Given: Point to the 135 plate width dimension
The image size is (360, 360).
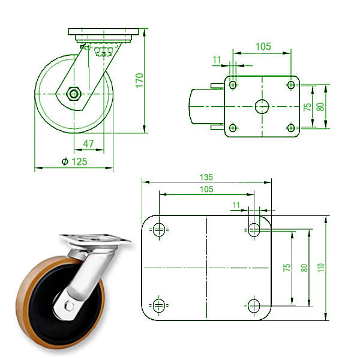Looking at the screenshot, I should pyautogui.click(x=206, y=177).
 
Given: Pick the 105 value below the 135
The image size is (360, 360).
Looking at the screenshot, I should pyautogui.click(x=206, y=188).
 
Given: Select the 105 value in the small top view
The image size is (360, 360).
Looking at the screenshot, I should pyautogui.click(x=263, y=46).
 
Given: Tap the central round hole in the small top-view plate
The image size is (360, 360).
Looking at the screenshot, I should pyautogui.click(x=262, y=106).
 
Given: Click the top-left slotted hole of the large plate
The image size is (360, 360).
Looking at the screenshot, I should pyautogui.click(x=158, y=229).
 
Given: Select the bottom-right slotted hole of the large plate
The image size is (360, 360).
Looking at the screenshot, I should pyautogui.click(x=254, y=304).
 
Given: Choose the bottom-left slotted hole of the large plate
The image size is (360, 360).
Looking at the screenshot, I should pyautogui.click(x=158, y=304).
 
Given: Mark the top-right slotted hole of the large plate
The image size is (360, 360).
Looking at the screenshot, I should pyautogui.click(x=254, y=229).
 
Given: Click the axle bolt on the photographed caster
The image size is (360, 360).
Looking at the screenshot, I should pyautogui.click(x=70, y=306).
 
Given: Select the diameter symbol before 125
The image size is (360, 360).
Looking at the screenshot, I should pyautogui.click(x=65, y=161).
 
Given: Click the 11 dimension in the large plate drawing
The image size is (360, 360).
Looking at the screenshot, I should pyautogui.click(x=236, y=205).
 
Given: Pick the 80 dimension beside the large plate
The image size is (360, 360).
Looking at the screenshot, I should pyautogui.click(x=305, y=267).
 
